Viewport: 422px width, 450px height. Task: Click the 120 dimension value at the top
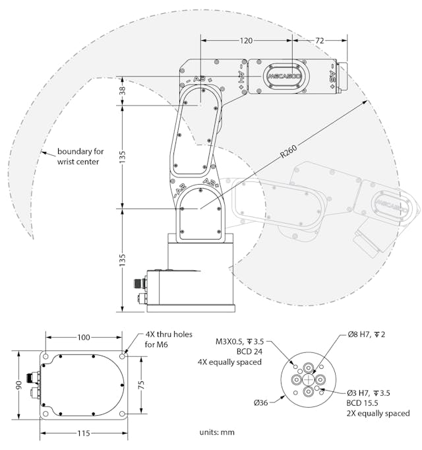(245, 41)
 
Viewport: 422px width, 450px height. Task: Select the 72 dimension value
(319, 41)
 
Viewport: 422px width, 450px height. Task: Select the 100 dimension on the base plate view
(84, 338)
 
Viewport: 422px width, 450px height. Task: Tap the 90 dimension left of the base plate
(20, 385)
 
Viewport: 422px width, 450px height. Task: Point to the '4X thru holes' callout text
(169, 335)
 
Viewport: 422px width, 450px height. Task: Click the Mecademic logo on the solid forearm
(284, 76)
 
